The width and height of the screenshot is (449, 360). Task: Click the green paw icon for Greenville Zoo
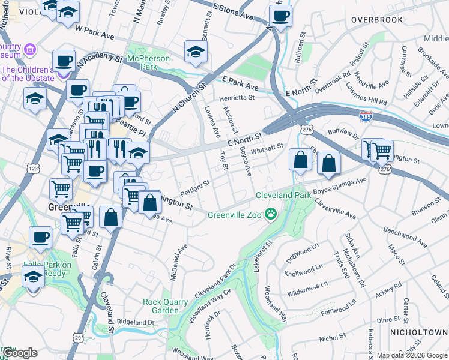click(x=271, y=214)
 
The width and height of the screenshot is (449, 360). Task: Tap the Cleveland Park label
click(x=283, y=195)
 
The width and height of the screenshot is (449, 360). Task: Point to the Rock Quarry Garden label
click(x=161, y=306)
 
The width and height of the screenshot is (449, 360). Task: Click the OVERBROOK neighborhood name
click(x=377, y=20)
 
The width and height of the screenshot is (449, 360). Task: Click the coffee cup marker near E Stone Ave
click(x=280, y=16)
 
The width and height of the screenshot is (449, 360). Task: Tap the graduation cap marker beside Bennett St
click(x=196, y=52)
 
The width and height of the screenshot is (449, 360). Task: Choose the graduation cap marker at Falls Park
click(x=33, y=277)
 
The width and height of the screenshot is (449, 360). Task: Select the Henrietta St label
click(x=236, y=97)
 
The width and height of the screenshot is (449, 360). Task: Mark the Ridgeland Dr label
click(x=135, y=322)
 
